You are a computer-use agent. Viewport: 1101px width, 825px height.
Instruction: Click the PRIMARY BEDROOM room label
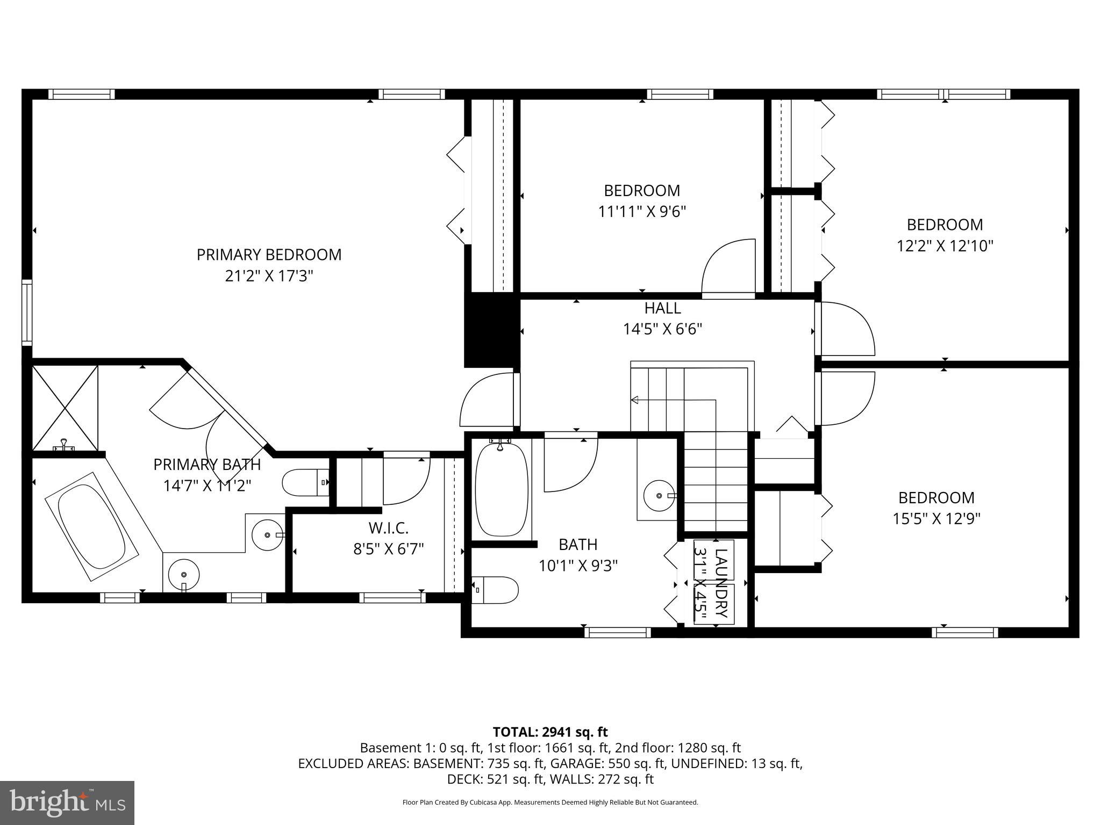coord(269,255)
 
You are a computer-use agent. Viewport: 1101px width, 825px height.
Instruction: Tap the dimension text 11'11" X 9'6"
coord(642,212)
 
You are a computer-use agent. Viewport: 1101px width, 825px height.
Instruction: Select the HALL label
coord(662,308)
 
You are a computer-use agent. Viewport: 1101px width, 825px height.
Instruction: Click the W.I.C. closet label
coord(388,529)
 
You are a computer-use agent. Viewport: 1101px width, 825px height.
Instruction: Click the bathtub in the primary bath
coord(91,526)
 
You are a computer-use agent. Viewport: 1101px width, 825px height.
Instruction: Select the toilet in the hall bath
coord(495,590)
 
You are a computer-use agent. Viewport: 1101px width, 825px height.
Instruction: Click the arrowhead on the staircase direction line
coord(634,400)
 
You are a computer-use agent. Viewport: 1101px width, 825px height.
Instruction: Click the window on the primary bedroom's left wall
coord(27,313)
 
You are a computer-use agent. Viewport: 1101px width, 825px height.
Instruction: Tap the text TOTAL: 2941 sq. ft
coord(550,732)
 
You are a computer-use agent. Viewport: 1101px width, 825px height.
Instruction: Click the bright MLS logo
coord(67,803)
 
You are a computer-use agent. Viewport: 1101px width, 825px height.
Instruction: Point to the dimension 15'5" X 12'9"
coord(936,519)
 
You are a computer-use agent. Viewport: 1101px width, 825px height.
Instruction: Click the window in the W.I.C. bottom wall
coord(392,597)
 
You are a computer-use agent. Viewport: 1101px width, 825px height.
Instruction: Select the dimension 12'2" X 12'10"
coord(945,246)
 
